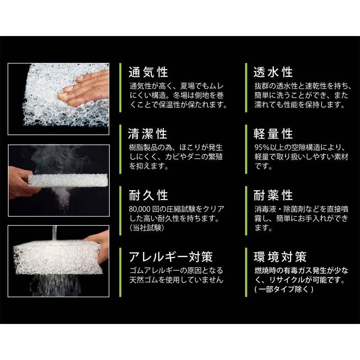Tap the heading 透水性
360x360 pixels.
273,72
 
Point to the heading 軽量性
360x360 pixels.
273,134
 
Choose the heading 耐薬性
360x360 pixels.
273,195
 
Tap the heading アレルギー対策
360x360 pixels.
171,257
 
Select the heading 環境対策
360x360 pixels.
280,257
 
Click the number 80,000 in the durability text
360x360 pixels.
142,209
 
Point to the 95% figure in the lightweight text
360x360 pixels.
263,148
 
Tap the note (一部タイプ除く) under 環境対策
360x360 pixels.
279,290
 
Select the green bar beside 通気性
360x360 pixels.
120,87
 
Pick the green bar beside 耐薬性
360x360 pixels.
245,210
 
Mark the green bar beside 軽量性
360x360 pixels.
245,148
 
